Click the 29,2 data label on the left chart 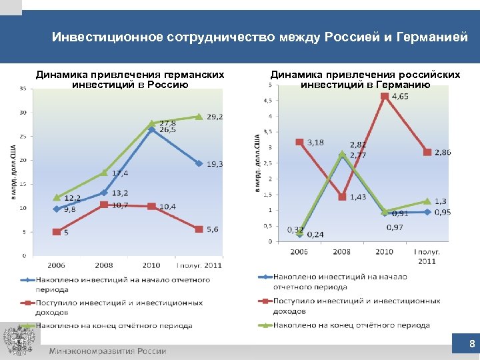tap(215, 117)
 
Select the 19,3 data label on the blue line tap(215, 163)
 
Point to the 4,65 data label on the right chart tap(400, 97)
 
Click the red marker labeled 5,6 tap(199, 229)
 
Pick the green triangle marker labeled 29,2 tap(199, 117)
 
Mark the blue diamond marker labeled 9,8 tap(57, 209)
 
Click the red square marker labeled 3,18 tap(299, 142)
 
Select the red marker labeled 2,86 tap(427, 152)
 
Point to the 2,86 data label tap(443, 152)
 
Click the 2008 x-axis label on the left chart tap(104, 265)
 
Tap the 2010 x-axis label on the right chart tap(385, 252)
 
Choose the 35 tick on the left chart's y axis tap(23, 89)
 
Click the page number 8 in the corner tap(472, 345)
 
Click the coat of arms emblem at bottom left tap(18, 341)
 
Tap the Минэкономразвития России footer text tap(107, 351)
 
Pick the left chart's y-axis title tap(13, 171)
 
